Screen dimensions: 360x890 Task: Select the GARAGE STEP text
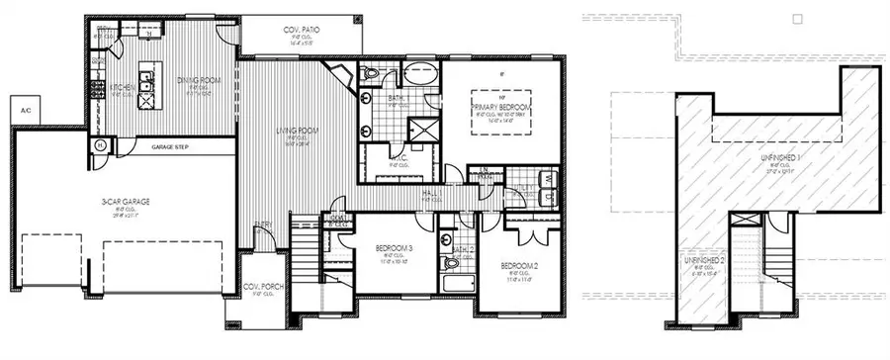point(170,146)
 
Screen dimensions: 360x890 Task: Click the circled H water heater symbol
point(101,145)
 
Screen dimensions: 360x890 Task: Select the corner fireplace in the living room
point(340,75)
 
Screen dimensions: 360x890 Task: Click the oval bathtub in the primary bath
point(420,73)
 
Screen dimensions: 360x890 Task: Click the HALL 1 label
point(428,195)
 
